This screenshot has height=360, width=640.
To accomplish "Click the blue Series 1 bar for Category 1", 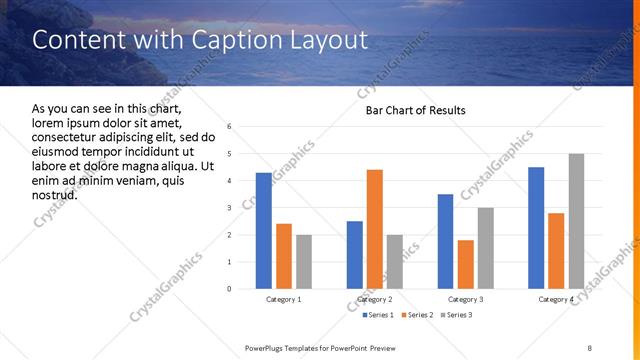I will click(263, 231).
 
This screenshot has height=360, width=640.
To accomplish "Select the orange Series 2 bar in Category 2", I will click(375, 229).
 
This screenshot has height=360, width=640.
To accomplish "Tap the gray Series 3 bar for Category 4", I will click(576, 221).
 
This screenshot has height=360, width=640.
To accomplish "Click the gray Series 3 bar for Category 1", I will click(303, 262).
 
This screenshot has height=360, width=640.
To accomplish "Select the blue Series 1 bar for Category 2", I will click(355, 255).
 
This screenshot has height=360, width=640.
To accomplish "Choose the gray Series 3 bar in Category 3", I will click(485, 248).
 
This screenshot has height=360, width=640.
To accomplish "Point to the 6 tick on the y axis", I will click(229, 127).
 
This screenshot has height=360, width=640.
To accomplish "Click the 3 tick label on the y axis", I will click(229, 208).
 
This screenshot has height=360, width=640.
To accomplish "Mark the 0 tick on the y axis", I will click(229, 289).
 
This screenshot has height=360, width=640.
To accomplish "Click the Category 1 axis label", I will click(283, 300).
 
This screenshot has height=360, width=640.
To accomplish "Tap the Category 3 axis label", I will click(465, 300).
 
